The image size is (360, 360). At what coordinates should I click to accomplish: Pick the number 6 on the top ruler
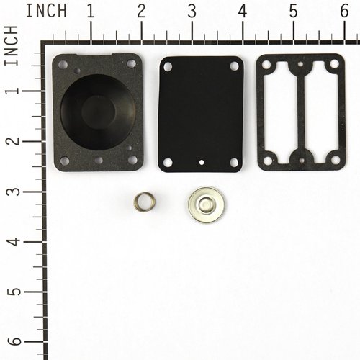(344, 11)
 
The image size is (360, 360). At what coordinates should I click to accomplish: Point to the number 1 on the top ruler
(91, 11)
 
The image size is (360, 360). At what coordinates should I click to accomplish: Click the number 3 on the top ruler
(192, 11)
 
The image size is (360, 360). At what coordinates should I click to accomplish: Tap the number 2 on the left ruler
(11, 140)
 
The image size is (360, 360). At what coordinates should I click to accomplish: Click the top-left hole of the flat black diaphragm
(168, 66)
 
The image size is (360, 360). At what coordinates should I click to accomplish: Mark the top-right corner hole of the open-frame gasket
(333, 66)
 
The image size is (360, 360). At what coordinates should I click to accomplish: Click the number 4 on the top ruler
(243, 11)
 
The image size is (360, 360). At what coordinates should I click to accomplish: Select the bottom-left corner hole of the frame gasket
(267, 160)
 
